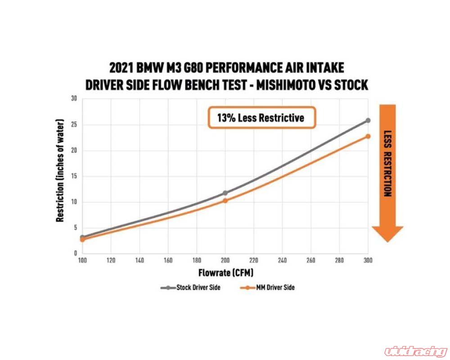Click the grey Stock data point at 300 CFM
pos(368,121)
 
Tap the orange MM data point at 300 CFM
pos(368,136)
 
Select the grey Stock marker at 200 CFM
pos(225,193)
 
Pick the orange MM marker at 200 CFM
pos(225,201)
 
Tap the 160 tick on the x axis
pos(168,260)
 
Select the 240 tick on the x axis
pos(282,260)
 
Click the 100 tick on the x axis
pos(82,260)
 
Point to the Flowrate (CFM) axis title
pos(225,273)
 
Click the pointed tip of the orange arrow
pos(387,241)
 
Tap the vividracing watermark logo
pos(414,350)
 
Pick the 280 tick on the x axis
pos(339,260)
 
